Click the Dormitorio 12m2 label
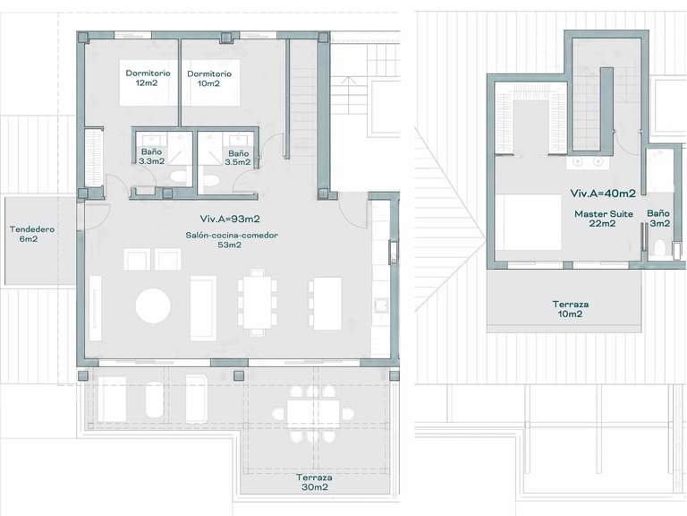pos(144,78)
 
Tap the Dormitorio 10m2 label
pos(209,78)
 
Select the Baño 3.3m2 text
pos(151,158)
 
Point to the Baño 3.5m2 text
pos(238,158)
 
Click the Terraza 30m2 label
pos(312,482)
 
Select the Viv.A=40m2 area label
pos(602,193)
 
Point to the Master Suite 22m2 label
pos(603,219)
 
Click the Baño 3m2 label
pos(657,219)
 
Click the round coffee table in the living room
pos(153,305)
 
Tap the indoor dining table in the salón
pos(257,300)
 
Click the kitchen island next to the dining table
pos(325,299)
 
